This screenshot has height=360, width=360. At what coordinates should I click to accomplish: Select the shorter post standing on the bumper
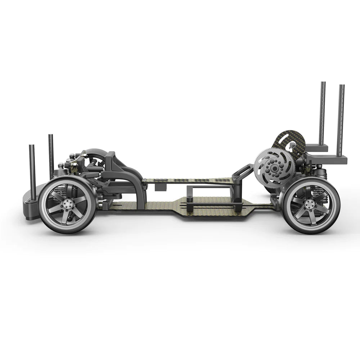pos(32,169)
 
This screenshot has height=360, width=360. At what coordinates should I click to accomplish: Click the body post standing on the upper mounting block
pos(323,112)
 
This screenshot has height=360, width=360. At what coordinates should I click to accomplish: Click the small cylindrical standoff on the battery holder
pos(188,198)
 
